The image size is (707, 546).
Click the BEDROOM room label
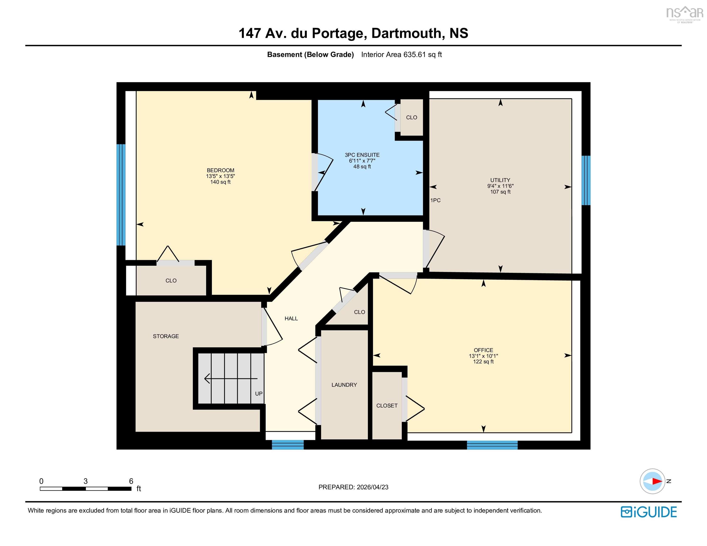coord(221,170)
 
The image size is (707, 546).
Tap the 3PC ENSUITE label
coord(362,155)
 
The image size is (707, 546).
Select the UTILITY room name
coord(500,180)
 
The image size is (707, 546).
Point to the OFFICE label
coord(483,350)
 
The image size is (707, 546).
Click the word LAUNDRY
coord(344,385)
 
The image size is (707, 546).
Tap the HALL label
coord(291,318)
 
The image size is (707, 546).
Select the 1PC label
coord(435,200)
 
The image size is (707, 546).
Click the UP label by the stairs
coord(259,394)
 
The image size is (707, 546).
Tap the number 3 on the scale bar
coord(85,481)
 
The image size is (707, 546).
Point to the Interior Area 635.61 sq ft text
coord(402,55)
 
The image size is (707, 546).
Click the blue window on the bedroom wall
coord(121,195)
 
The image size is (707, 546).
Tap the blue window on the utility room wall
coord(586,181)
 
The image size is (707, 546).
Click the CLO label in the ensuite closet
coord(411,117)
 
